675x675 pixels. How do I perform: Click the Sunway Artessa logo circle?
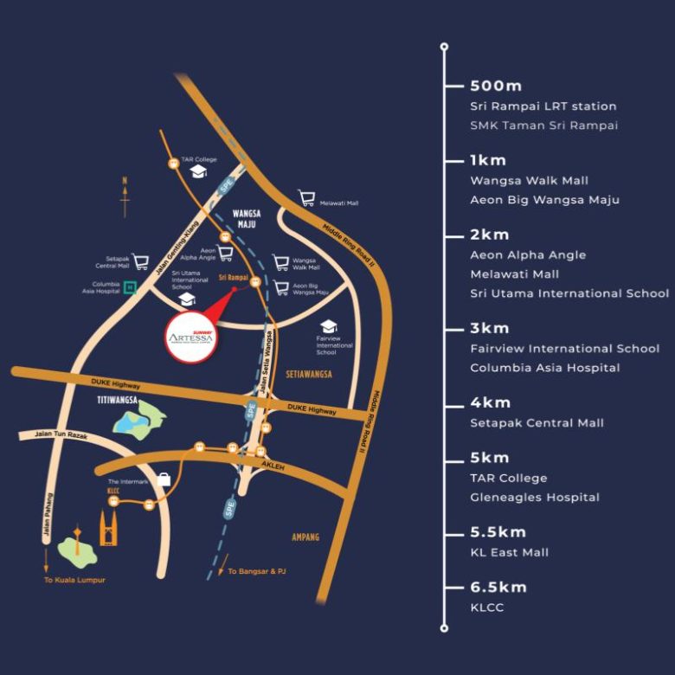(190, 332)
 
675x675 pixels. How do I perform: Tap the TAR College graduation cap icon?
(198, 172)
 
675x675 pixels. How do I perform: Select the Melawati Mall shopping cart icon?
(306, 199)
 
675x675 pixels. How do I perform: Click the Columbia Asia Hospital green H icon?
(130, 287)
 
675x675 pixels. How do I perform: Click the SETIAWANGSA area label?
(309, 374)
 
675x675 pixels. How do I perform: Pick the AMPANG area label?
(305, 537)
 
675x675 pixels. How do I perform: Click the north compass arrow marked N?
(125, 196)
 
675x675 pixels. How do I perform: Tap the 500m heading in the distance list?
(496, 86)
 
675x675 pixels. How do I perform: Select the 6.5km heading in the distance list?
(498, 587)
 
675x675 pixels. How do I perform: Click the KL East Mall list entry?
(509, 552)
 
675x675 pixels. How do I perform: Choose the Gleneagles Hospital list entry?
(534, 497)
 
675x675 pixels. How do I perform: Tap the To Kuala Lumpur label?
(74, 580)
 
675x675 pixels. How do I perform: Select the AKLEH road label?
(273, 465)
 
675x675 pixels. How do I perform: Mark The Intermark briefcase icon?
(164, 479)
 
